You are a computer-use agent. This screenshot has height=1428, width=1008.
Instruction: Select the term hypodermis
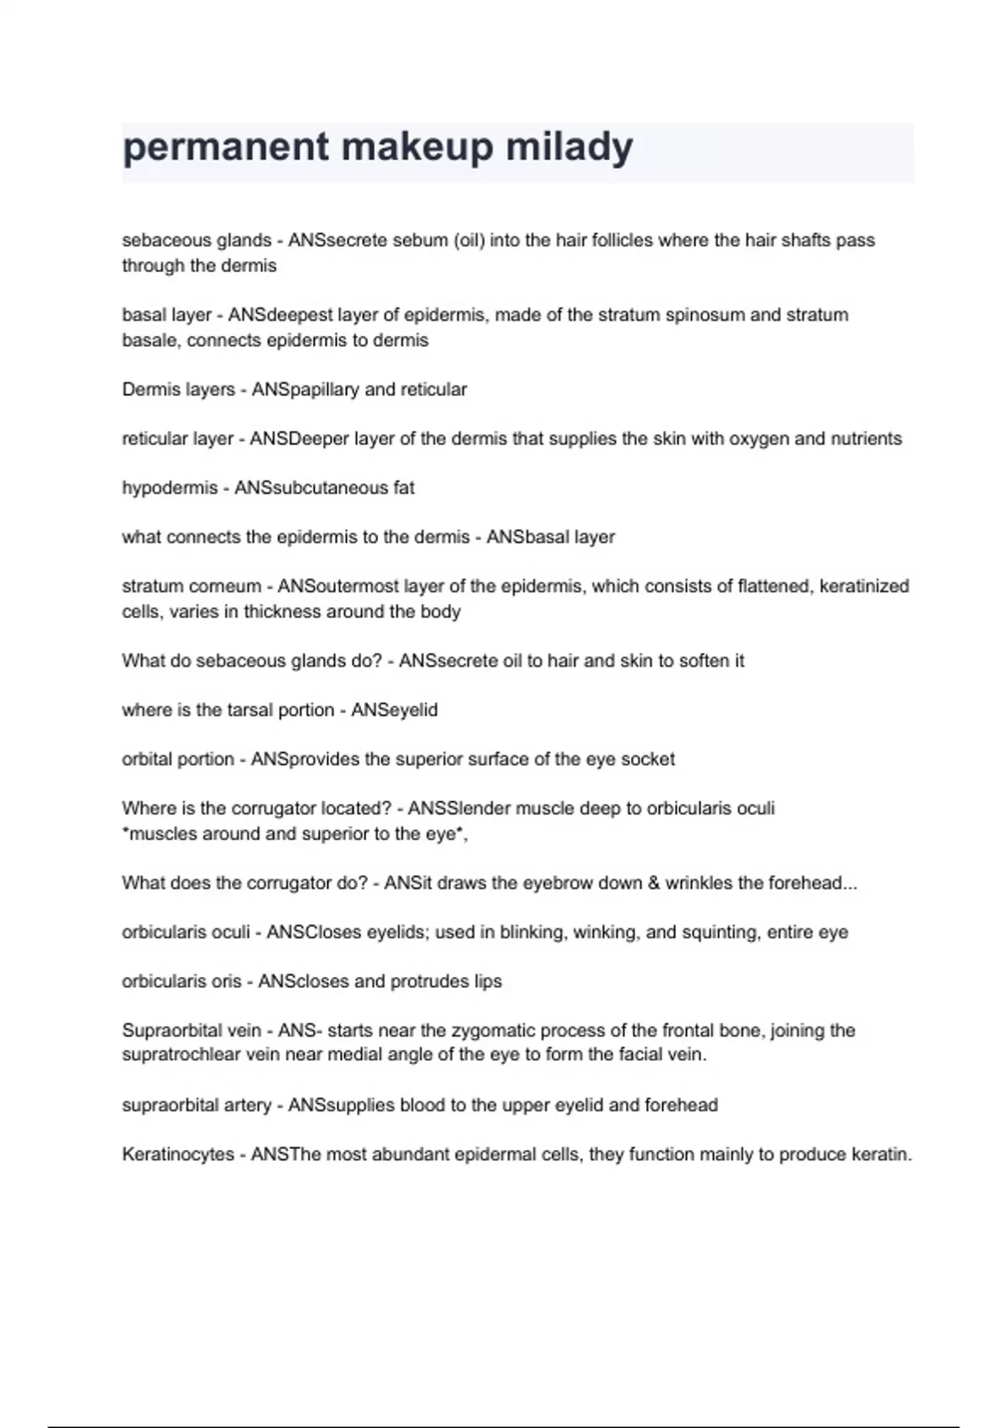click(170, 488)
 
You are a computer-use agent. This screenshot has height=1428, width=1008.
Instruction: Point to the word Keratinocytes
click(178, 1154)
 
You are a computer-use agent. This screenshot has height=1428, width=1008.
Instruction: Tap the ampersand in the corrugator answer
click(654, 883)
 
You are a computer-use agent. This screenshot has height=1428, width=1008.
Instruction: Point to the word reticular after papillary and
click(433, 390)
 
